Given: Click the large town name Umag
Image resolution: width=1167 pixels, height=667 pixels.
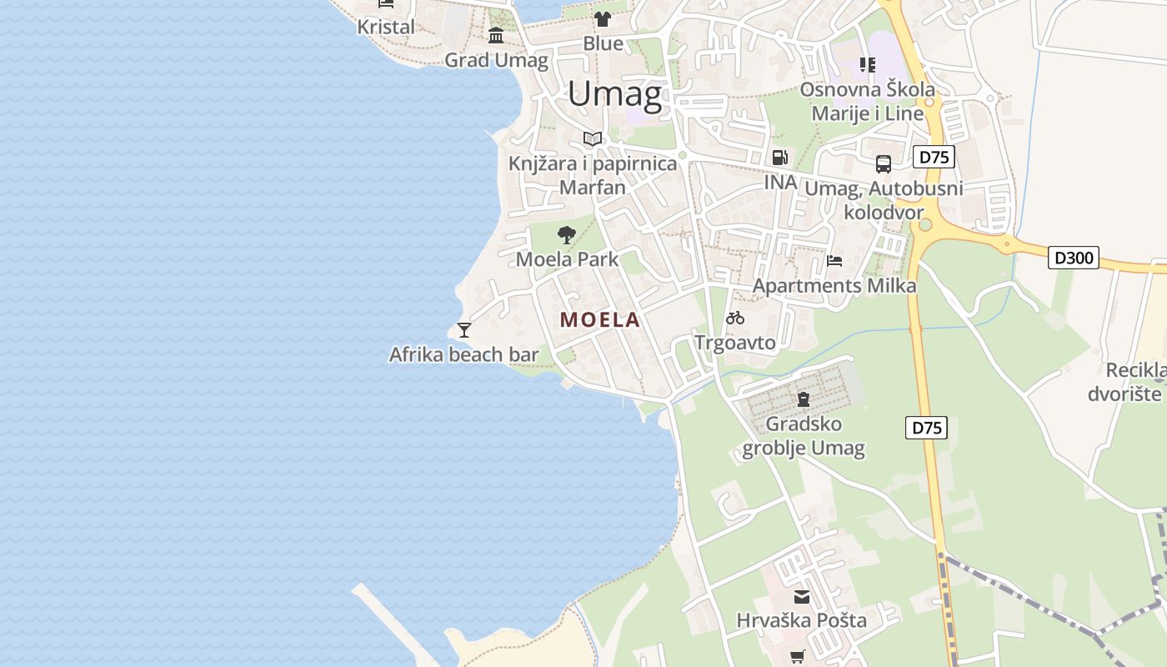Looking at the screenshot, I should pyautogui.click(x=615, y=93).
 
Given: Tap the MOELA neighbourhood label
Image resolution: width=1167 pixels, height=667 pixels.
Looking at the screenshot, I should pyautogui.click(x=600, y=319).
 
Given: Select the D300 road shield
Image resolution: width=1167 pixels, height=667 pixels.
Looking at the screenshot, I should pyautogui.click(x=1074, y=258).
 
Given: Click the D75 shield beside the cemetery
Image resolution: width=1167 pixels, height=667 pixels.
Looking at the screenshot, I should pyautogui.click(x=926, y=428).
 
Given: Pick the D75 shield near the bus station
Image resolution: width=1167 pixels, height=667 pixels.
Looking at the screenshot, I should pyautogui.click(x=934, y=157).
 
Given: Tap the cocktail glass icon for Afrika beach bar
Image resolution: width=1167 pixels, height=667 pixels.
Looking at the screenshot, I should pyautogui.click(x=464, y=330).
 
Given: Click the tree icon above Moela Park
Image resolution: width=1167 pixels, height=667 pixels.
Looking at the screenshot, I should pyautogui.click(x=567, y=235).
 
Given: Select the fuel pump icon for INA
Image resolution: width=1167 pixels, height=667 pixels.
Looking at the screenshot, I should pyautogui.click(x=780, y=158).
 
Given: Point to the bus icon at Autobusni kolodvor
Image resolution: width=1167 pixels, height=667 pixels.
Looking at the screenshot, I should pyautogui.click(x=884, y=164).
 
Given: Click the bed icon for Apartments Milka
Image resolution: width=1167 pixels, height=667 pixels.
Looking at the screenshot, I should pyautogui.click(x=834, y=260).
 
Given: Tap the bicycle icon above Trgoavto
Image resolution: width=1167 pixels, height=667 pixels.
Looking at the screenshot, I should pyautogui.click(x=735, y=318).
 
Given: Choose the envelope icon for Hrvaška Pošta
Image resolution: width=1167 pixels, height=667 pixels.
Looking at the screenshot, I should pyautogui.click(x=802, y=597).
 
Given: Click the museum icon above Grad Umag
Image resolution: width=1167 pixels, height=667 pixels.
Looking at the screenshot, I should pyautogui.click(x=497, y=35).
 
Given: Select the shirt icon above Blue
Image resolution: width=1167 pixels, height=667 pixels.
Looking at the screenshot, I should pyautogui.click(x=603, y=18).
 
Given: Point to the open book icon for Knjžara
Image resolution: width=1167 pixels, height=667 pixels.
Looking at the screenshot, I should pyautogui.click(x=593, y=138).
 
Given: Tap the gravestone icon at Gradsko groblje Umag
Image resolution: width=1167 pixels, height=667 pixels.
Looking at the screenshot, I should pyautogui.click(x=804, y=399).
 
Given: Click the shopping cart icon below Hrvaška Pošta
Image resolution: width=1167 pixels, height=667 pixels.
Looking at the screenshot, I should pyautogui.click(x=798, y=657).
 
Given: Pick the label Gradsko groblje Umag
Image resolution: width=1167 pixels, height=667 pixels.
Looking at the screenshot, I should pyautogui.click(x=804, y=436).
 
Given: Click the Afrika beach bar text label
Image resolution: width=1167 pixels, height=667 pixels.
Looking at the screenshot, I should pyautogui.click(x=464, y=354).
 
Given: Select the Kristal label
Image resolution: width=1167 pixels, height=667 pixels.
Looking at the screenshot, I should pyautogui.click(x=386, y=27).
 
